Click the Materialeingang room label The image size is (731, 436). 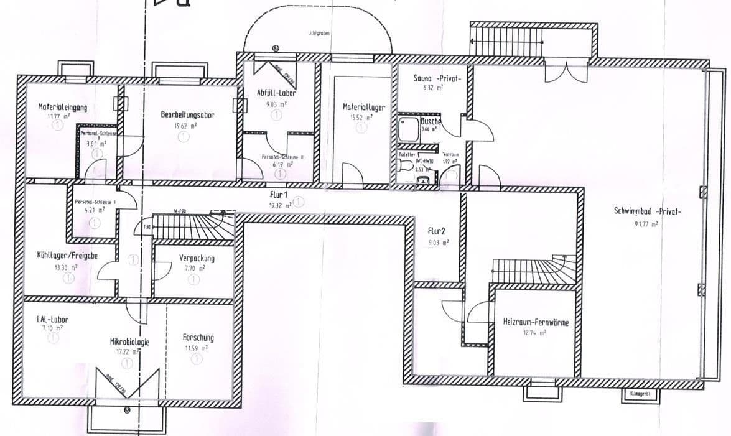62,107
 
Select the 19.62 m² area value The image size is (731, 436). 185,125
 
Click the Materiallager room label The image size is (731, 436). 364,107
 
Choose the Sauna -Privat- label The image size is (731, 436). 436,78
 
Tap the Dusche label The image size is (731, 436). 431,122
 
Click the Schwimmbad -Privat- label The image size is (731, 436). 647,211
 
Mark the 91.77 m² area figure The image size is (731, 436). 647,224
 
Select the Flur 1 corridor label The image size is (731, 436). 277,195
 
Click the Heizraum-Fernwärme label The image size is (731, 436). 536,322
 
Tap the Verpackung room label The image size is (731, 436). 197,258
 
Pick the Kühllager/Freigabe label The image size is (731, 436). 67,256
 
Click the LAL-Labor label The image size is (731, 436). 52,320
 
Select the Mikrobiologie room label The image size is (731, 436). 129,342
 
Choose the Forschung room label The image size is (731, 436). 198,338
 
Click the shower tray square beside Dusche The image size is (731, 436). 409,129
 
